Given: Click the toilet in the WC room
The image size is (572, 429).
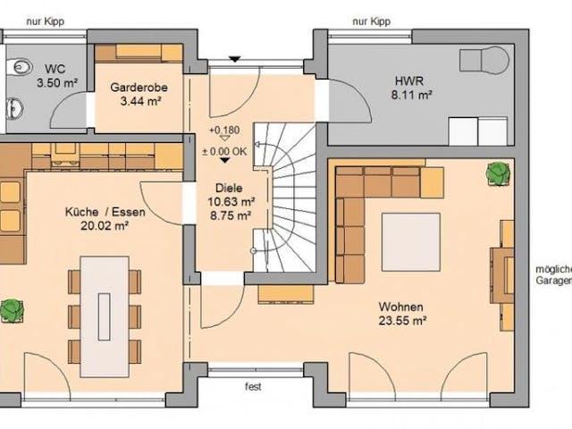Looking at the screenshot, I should click(x=19, y=65).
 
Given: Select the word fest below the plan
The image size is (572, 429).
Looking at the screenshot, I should click(x=254, y=388).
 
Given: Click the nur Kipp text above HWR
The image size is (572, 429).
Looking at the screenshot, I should click(x=373, y=20).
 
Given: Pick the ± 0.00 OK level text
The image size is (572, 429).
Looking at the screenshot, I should click(x=224, y=151).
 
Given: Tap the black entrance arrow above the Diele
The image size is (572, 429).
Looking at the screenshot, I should click(x=233, y=60).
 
